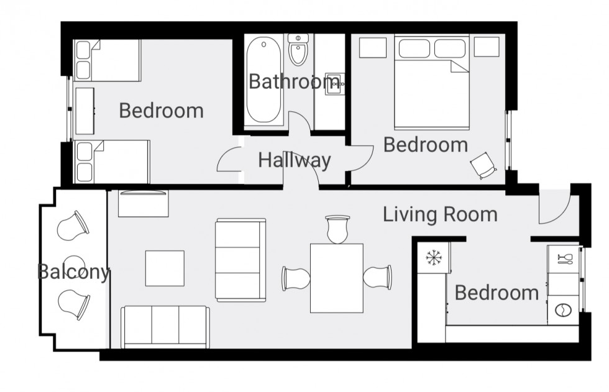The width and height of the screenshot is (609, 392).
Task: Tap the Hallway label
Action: [295, 160]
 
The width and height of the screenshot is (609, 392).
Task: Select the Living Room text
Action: [440, 215]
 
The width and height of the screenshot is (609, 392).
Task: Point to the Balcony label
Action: [73, 272]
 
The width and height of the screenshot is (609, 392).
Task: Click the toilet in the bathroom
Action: [299, 50]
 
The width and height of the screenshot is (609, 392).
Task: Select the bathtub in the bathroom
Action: [263, 81]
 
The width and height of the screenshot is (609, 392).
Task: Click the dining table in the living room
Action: [336, 278]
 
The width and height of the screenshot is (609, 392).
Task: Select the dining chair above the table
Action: [337, 229]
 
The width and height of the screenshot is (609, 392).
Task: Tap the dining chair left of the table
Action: [295, 278]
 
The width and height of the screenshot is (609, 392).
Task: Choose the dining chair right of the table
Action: [378, 276]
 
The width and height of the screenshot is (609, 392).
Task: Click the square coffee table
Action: [165, 268]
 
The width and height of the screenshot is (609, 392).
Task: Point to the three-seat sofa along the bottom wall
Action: [165, 327]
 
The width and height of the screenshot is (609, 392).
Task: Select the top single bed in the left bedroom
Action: [107, 60]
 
